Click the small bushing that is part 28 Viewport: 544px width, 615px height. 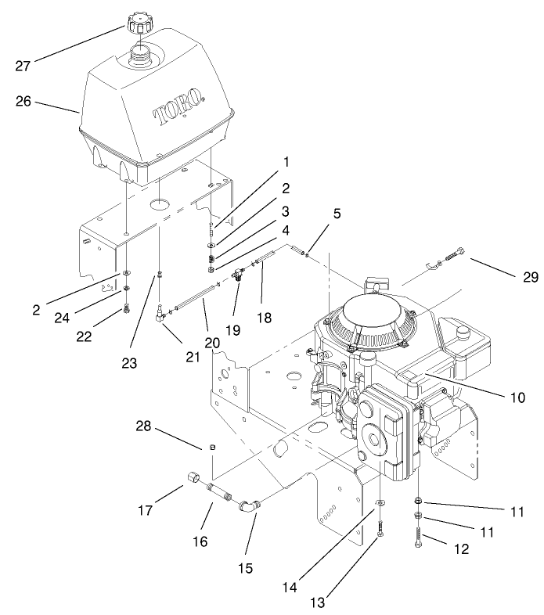pyautogui.click(x=210, y=447)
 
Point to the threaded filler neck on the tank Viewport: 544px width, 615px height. pyautogui.click(x=142, y=58)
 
